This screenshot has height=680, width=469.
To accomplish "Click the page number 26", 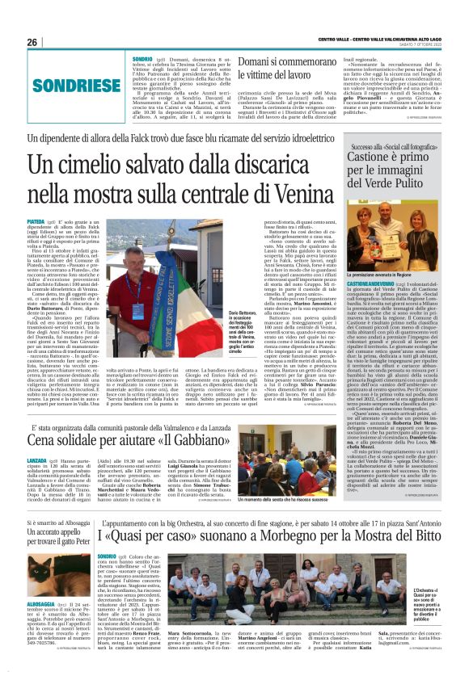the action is (x=32, y=42).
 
